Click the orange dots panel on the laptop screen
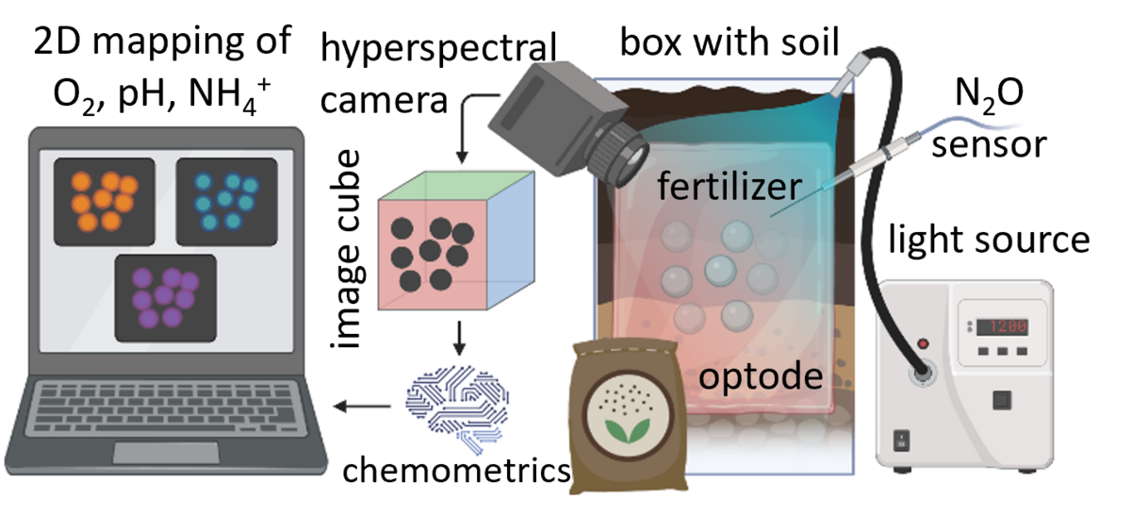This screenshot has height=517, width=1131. (x=103, y=198)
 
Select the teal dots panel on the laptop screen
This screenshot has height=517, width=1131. (x=226, y=198)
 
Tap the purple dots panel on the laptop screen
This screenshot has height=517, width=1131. (x=165, y=297)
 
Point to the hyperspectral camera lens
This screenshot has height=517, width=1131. (x=627, y=154)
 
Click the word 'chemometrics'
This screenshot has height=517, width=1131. (x=455, y=469)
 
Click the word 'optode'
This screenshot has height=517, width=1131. (x=760, y=377)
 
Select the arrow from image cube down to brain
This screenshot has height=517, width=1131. (x=459, y=337)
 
